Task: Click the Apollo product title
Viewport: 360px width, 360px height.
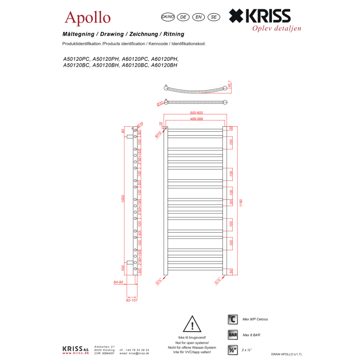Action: pyautogui.click(x=88, y=18)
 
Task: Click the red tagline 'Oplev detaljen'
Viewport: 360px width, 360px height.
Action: pyautogui.click(x=276, y=28)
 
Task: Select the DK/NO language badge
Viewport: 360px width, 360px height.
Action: pyautogui.click(x=168, y=17)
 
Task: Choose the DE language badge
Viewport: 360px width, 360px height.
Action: pyautogui.click(x=183, y=17)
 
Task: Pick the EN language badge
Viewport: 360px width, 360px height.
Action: pyautogui.click(x=198, y=17)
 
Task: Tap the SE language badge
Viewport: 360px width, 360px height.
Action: pyautogui.click(x=213, y=17)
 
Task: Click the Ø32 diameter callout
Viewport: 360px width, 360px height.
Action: pyautogui.click(x=160, y=103)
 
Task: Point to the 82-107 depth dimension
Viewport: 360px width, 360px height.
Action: pyautogui.click(x=132, y=300)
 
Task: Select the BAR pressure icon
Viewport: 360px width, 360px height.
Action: pyautogui.click(x=233, y=335)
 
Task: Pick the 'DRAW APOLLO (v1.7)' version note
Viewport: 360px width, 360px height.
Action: pyautogui.click(x=286, y=354)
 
